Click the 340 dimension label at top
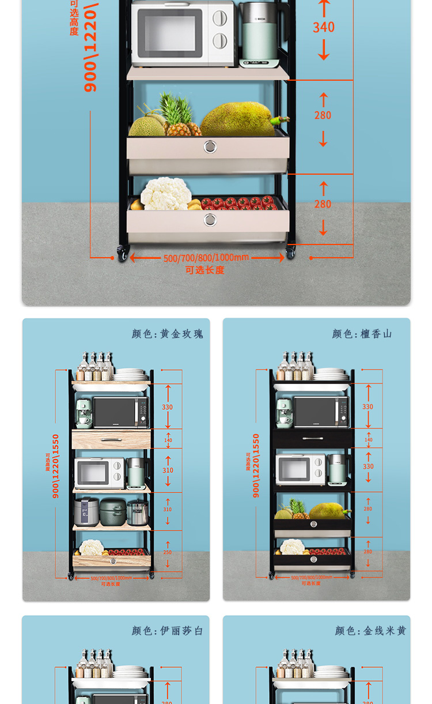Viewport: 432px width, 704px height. pos(324,27)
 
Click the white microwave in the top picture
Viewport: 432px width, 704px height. pos(182,33)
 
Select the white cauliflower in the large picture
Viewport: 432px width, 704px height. pos(166,194)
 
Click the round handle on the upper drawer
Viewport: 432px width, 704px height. pos(210,146)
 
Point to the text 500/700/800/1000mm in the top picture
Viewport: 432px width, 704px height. pos(206,258)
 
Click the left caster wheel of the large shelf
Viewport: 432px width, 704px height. pos(123,253)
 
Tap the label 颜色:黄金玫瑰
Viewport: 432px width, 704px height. pos(168,334)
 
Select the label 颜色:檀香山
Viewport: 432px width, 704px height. pos(362,334)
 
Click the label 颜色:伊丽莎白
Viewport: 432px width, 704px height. pos(168,631)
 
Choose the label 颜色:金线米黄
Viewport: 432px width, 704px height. pos(370,631)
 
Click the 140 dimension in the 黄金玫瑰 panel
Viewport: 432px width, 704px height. pos(168,440)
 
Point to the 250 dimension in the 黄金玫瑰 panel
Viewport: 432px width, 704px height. pos(168,552)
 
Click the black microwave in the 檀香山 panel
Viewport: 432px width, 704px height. pos(321,412)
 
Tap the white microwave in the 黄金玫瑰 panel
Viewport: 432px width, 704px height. pos(99,472)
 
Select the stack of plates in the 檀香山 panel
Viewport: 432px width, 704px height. pos(331,375)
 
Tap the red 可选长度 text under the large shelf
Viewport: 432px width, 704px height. pos(204,270)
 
